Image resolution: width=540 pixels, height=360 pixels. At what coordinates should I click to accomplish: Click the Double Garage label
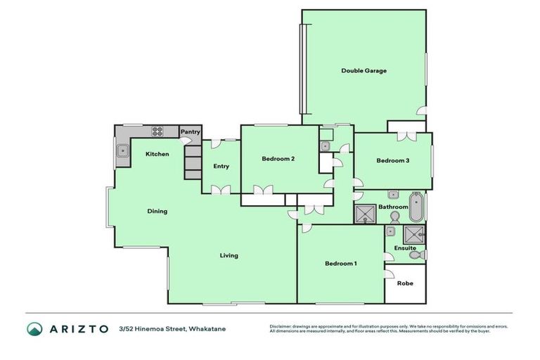coord(364,70)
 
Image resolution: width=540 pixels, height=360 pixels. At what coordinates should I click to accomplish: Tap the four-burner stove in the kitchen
coord(157,131)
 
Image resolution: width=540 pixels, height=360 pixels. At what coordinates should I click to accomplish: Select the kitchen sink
coord(122,150)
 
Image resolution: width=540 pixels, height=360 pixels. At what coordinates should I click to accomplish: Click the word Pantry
coord(191,131)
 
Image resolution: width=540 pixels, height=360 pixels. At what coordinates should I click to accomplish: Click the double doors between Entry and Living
coord(221,189)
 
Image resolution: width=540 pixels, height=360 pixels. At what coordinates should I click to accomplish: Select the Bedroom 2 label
coord(278,159)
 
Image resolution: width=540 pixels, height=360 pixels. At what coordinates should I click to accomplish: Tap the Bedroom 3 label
coord(392,160)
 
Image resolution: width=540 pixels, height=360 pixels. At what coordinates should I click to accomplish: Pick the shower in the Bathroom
coord(365,213)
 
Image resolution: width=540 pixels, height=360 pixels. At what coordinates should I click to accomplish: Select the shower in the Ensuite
coord(414,234)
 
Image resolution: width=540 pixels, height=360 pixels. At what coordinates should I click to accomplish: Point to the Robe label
coord(405,284)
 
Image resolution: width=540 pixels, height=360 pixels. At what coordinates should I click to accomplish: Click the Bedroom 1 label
coord(340,264)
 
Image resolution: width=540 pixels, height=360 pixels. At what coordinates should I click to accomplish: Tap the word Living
coord(229,255)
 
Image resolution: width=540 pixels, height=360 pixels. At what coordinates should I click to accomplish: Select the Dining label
coord(157,211)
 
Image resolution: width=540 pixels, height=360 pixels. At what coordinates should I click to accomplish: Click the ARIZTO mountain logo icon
coord(34,328)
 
